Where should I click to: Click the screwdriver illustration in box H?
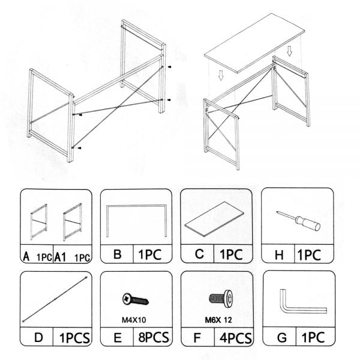point(298,221)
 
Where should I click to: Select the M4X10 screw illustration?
point(136,299)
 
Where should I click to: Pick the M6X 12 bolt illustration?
point(221,299)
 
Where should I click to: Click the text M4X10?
point(134,320)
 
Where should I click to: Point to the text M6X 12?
point(218,320)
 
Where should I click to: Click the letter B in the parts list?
point(118,254)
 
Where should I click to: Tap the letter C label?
point(199,254)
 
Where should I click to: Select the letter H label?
point(279,255)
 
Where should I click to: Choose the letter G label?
point(282,338)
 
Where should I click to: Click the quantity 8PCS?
point(154,337)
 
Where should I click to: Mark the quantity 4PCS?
point(236,338)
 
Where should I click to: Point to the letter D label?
point(38,338)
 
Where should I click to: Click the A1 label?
point(60,257)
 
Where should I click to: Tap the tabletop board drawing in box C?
point(214,219)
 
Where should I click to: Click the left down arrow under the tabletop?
point(221,76)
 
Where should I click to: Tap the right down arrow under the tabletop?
point(290,51)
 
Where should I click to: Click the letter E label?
point(118,338)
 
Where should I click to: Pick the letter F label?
point(197,338)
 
